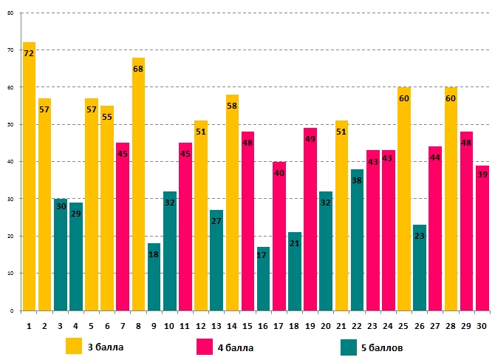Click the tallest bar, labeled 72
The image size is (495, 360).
(x=29, y=177)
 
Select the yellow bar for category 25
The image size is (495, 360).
(x=403, y=199)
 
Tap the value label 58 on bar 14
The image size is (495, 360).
(x=232, y=106)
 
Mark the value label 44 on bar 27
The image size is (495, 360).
(x=434, y=158)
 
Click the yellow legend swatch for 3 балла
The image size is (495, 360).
(x=73, y=346)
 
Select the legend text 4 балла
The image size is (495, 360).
(x=234, y=347)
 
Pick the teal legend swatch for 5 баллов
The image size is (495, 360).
(x=349, y=346)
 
